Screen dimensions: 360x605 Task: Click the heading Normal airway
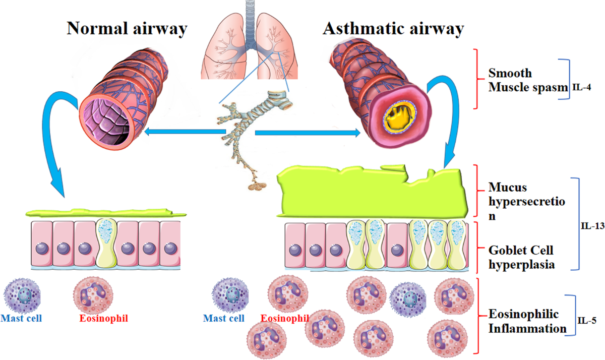(x=127, y=29)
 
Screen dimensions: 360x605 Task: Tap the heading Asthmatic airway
(x=393, y=29)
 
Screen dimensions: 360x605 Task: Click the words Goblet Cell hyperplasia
(x=521, y=257)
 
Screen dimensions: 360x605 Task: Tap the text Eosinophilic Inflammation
(x=524, y=322)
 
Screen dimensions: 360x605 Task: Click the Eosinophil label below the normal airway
(x=104, y=318)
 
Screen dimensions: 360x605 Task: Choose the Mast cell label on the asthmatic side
(x=224, y=318)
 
